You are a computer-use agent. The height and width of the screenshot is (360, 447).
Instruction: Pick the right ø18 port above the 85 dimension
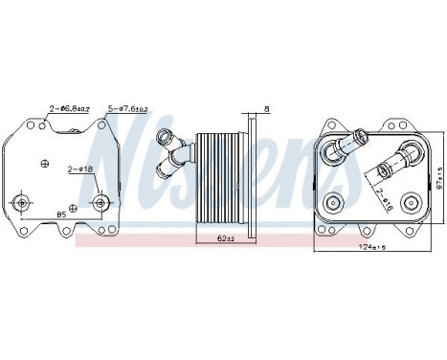click(101, 203)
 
